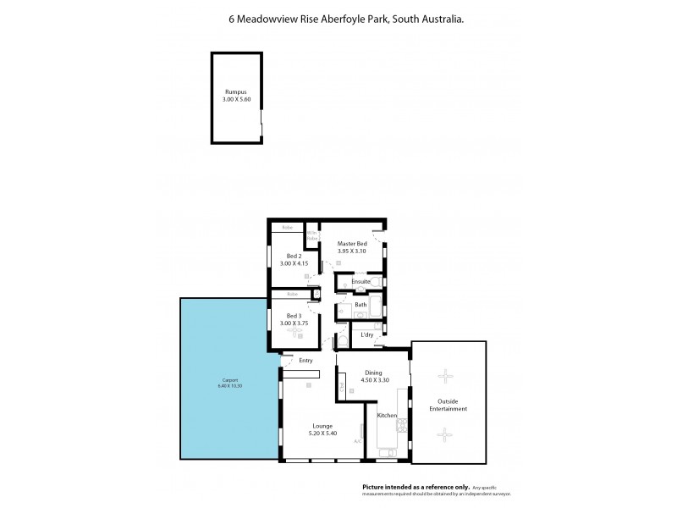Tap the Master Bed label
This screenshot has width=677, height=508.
[352, 244]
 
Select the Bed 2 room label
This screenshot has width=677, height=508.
[294, 255]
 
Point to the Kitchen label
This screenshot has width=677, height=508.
[387, 416]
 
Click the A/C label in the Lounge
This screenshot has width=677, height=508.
[358, 440]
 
